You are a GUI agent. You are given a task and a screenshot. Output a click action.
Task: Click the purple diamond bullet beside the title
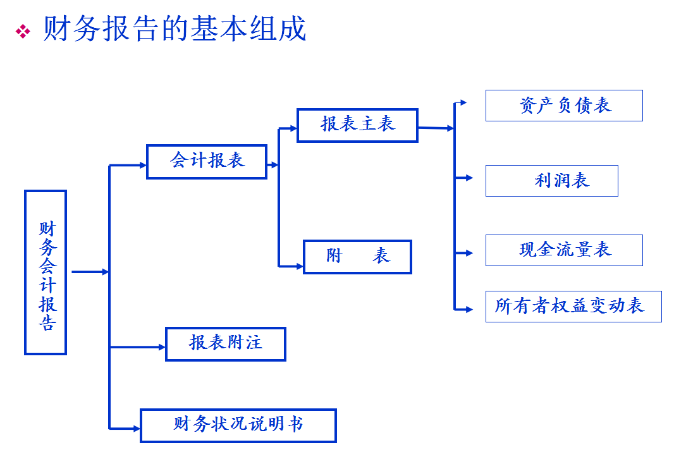23,31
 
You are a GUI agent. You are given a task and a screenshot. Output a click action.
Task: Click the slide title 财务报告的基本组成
175,29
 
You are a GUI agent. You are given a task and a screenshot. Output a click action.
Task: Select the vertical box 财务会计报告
46,272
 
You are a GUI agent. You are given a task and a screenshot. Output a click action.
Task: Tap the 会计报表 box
207,162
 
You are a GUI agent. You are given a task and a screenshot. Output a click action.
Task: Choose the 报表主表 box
357,125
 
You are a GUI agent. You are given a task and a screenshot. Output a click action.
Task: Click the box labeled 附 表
357,257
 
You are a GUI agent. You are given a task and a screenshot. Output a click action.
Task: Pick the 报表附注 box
225,344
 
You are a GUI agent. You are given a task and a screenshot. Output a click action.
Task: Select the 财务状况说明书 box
238,425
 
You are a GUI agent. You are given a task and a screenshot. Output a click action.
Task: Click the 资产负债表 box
564,106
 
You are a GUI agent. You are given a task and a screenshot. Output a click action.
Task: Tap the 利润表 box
551,181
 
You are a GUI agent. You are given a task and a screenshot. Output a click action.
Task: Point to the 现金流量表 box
564,250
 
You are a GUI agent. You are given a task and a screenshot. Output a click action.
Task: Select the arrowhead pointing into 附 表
299,266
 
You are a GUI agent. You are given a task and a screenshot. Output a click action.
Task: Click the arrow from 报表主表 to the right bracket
436,128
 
